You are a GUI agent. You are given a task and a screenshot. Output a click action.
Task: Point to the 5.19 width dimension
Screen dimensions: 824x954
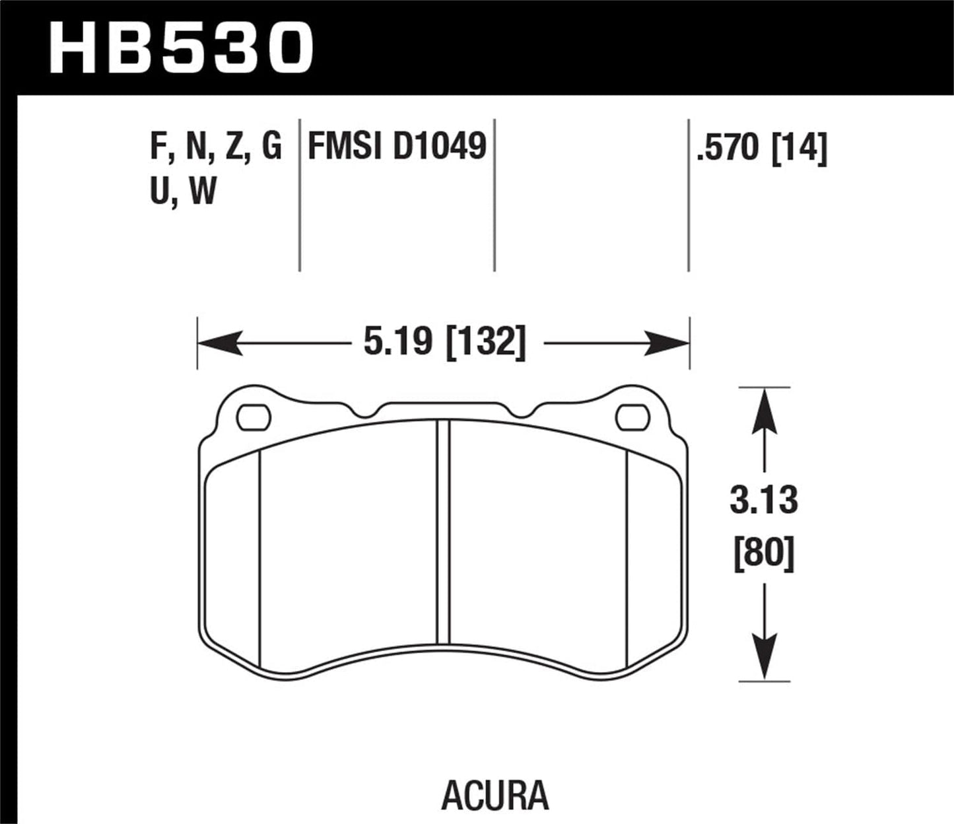[397, 343]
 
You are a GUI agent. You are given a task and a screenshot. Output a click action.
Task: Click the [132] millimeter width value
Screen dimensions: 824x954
[487, 343]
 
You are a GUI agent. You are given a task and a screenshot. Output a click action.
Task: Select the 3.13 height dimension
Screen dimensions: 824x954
[764, 500]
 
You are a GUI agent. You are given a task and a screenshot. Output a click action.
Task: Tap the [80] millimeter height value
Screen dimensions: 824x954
[764, 556]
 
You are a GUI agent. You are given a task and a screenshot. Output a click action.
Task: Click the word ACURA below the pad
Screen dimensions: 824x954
[494, 796]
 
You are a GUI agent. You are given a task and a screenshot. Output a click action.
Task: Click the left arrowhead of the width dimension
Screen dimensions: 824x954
[218, 343]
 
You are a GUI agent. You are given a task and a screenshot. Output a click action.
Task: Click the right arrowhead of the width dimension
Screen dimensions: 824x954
[669, 343]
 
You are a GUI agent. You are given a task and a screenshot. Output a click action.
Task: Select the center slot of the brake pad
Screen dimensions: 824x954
[443, 532]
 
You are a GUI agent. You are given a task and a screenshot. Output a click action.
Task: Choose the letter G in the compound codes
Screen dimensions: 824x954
[271, 147]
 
